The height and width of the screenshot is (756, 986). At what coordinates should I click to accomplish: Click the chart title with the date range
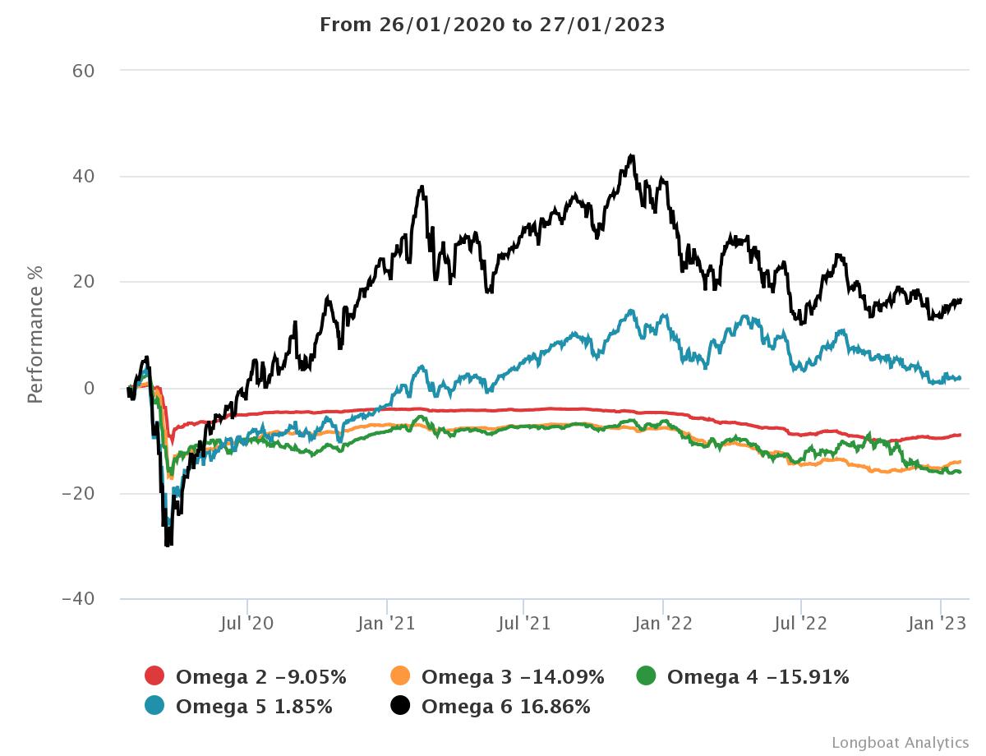pyautogui.click(x=492, y=25)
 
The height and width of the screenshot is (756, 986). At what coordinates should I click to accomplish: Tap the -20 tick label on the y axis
pyautogui.click(x=80, y=494)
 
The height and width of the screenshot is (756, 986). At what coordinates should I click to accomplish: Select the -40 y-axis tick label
pyautogui.click(x=80, y=599)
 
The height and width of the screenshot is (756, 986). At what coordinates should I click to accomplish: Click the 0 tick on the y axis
pyautogui.click(x=90, y=388)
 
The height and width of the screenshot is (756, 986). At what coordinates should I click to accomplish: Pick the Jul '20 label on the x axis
pyautogui.click(x=246, y=624)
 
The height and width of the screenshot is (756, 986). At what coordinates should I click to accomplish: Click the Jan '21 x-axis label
pyautogui.click(x=386, y=624)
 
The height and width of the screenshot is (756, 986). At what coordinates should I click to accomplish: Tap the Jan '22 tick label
pyautogui.click(x=663, y=624)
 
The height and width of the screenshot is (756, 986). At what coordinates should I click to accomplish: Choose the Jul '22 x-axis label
pyautogui.click(x=801, y=624)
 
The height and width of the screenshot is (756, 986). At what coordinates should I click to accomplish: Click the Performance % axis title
pyautogui.click(x=35, y=334)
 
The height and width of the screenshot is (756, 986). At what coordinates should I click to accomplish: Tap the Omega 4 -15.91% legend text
pyautogui.click(x=758, y=677)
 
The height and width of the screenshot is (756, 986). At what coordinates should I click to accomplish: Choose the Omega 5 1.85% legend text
pyautogui.click(x=254, y=706)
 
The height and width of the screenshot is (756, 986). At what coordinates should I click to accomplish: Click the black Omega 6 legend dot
pyautogui.click(x=401, y=706)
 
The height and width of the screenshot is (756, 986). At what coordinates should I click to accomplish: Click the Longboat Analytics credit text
pyautogui.click(x=900, y=743)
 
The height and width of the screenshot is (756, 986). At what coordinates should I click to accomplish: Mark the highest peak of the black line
pyautogui.click(x=631, y=154)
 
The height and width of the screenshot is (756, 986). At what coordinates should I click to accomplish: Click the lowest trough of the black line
pyautogui.click(x=168, y=546)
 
